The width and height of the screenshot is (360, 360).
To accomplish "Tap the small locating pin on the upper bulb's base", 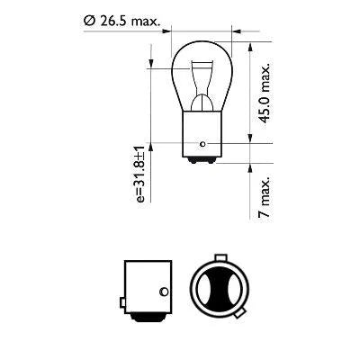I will coord(206,144).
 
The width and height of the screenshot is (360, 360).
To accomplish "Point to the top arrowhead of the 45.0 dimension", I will coord(248,41).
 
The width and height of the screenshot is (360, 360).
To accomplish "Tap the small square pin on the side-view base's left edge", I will coord(121,299).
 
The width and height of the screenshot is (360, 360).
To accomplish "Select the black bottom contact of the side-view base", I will coord(146,317).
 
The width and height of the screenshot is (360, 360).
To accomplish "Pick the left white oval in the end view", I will coord(204,290).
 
